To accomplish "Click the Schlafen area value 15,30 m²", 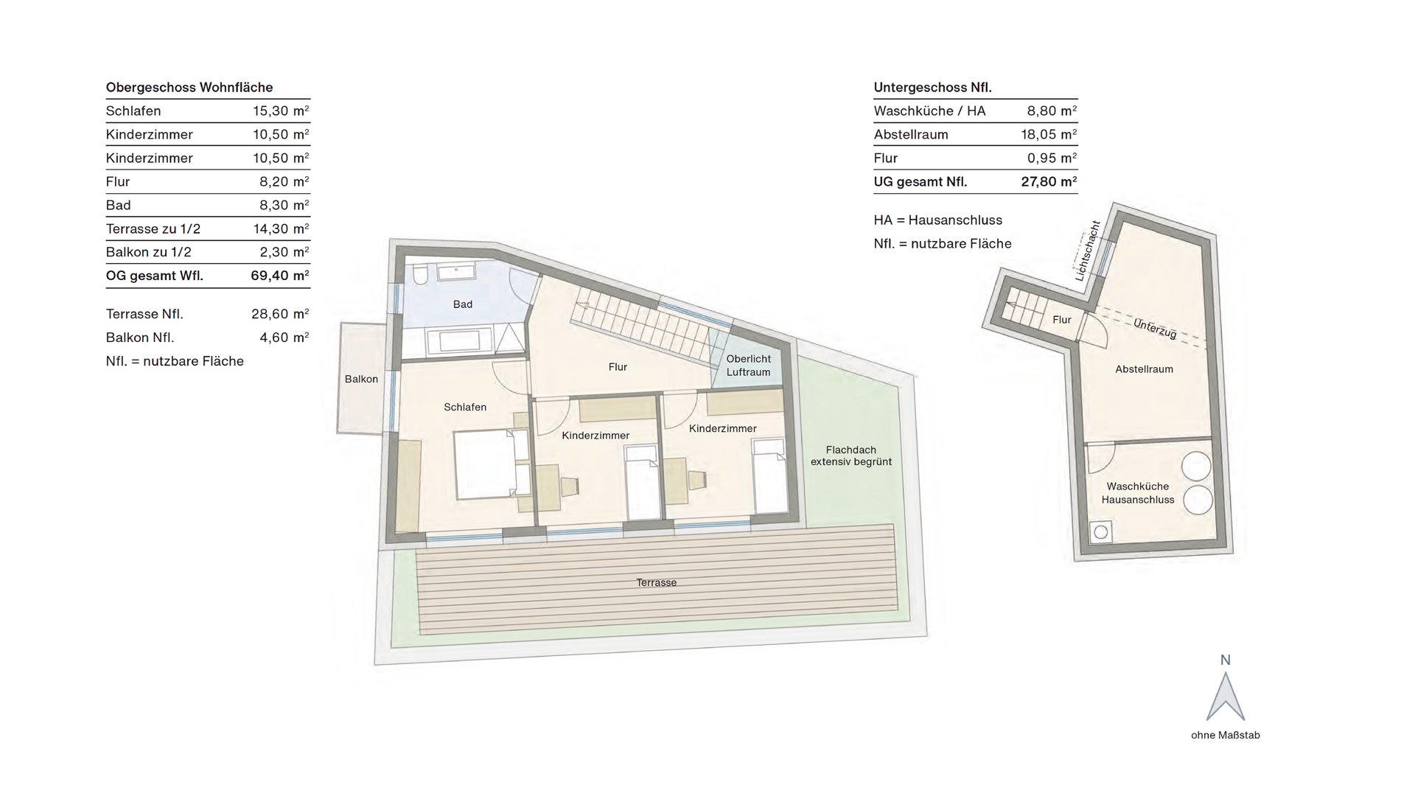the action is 281,111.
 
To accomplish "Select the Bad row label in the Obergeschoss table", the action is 118,205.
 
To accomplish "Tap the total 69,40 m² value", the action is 280,276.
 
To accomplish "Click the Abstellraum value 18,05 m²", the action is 1049,135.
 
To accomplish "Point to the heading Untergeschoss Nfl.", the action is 933,88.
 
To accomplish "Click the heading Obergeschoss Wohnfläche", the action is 189,88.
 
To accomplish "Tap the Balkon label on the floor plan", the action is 361,379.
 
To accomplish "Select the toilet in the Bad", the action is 419,275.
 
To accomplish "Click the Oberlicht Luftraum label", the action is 748,366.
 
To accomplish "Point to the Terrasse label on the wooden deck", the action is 657,582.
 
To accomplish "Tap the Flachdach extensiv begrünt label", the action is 851,456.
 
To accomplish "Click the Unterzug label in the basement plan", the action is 1155,329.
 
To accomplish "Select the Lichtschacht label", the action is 1087,251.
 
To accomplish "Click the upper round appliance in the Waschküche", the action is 1197,467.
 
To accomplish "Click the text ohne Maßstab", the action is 1226,735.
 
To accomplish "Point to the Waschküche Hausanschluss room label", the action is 1138,493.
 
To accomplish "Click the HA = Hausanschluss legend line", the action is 938,220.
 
